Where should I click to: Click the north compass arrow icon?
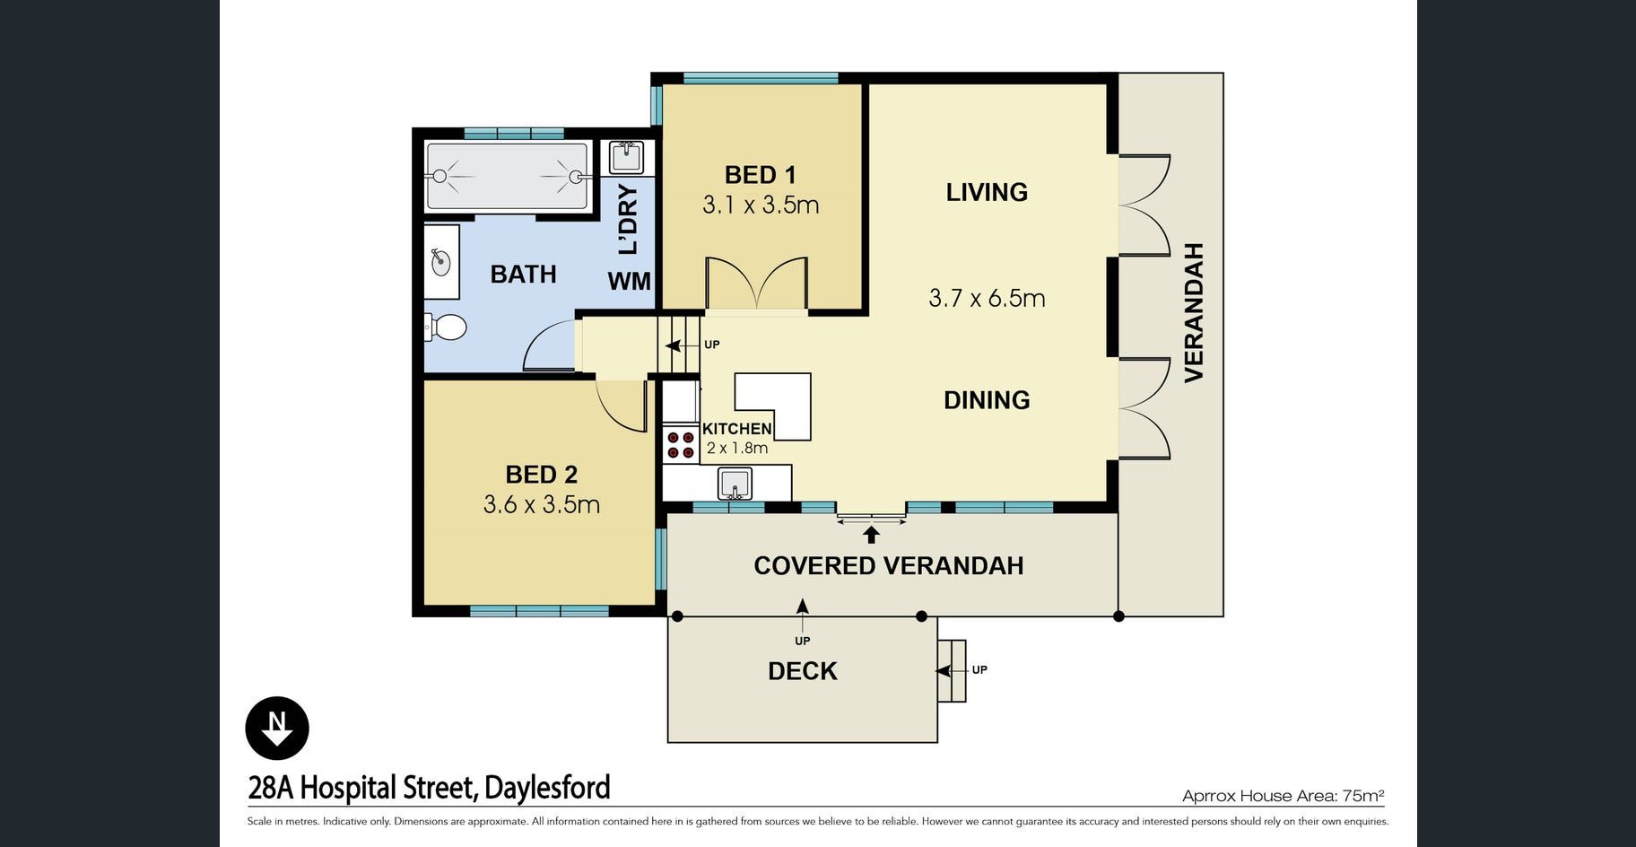tap(277, 728)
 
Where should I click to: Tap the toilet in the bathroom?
tap(446, 327)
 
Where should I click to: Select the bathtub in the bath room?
tap(507, 176)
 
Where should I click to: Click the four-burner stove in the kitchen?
tap(681, 445)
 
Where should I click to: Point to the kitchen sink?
tap(735, 484)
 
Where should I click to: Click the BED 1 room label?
tap(761, 175)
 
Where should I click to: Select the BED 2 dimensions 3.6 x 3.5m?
tap(542, 504)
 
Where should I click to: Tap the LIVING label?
tap(987, 192)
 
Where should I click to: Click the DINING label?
tap(987, 400)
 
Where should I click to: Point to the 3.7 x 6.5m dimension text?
tap(987, 298)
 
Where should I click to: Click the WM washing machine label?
tap(629, 282)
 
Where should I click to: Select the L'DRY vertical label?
tap(629, 220)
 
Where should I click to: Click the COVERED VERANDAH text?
tap(888, 566)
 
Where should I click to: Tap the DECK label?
tap(803, 671)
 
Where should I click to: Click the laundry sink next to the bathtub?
tap(626, 157)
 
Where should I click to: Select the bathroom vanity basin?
tap(440, 262)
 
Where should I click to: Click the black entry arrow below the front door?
tap(871, 535)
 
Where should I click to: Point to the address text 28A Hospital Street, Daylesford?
tap(429, 788)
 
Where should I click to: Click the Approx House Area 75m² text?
tap(1283, 796)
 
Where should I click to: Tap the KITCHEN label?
tap(736, 429)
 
